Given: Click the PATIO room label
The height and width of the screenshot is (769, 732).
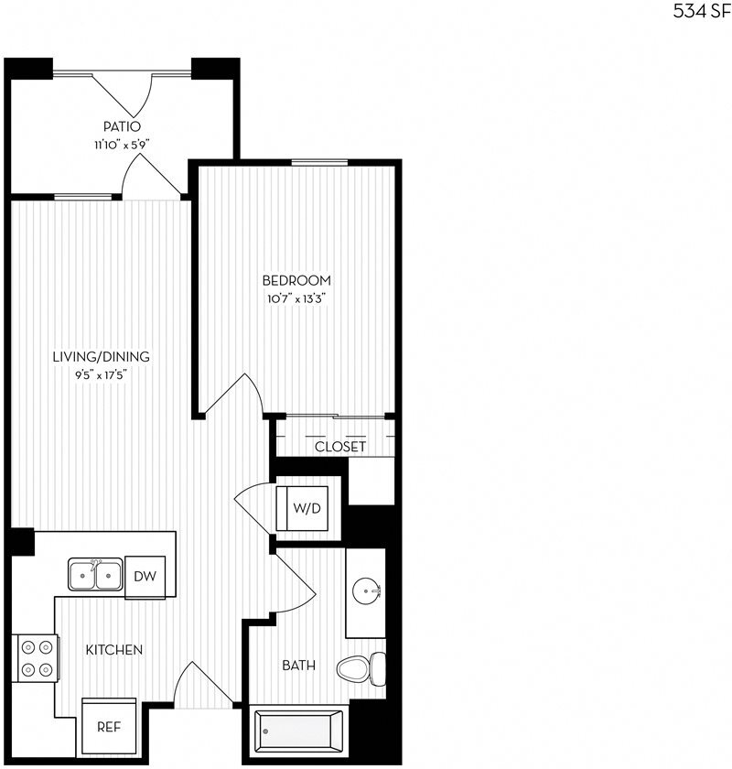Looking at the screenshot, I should pyautogui.click(x=122, y=126).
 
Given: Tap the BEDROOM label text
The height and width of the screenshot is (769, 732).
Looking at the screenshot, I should pyautogui.click(x=296, y=280).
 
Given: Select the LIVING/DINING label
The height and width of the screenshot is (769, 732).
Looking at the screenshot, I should pyautogui.click(x=101, y=357).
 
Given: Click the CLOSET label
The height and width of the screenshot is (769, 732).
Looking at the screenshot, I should pyautogui.click(x=340, y=447).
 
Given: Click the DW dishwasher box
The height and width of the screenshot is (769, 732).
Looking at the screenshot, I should pyautogui.click(x=145, y=576).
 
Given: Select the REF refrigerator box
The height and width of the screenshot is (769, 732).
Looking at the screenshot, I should pyautogui.click(x=108, y=728).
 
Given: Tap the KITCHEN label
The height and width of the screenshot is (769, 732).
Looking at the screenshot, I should pyautogui.click(x=113, y=650).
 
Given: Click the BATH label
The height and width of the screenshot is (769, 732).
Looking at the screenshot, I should pyautogui.click(x=298, y=666).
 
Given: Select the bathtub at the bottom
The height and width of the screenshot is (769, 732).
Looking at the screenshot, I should pyautogui.click(x=298, y=732).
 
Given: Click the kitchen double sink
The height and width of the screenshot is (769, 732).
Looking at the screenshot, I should pyautogui.click(x=94, y=576).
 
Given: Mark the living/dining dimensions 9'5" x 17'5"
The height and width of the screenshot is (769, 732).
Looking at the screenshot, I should pyautogui.click(x=101, y=374).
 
